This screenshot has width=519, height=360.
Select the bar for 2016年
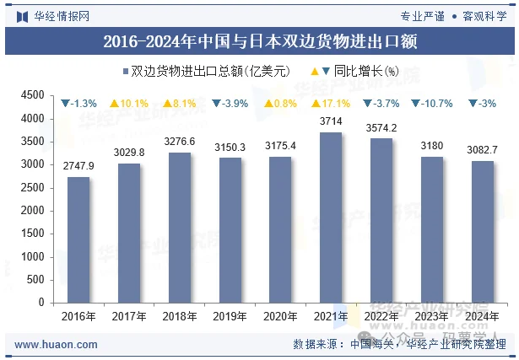[78, 239]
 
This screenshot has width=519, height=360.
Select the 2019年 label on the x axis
[230, 316]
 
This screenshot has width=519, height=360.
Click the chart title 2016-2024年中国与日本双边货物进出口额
[259, 40]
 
